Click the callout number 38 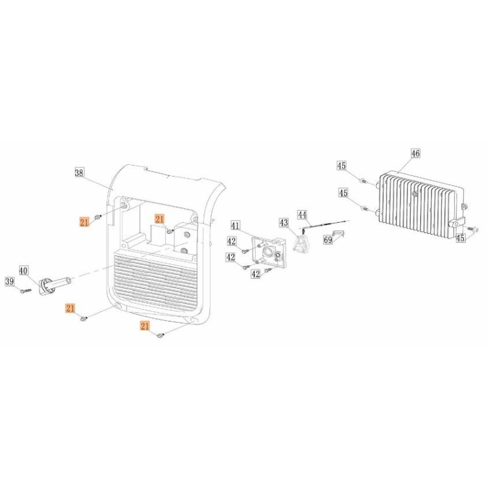(80, 173)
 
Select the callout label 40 (24, 270)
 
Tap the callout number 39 (10, 281)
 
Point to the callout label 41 (236, 225)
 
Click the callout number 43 (284, 222)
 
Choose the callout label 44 (302, 215)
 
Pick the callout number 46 (416, 153)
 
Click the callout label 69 (328, 239)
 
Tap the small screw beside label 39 (26, 291)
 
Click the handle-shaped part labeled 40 (55, 285)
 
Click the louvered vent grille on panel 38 (156, 279)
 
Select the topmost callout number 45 (342, 166)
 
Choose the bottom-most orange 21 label (145, 326)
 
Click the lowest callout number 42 (256, 273)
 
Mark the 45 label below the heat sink (461, 238)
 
